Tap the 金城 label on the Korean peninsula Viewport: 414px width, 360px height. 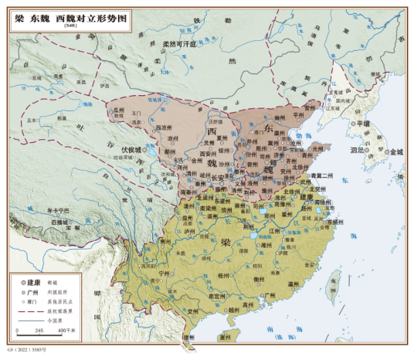click(395, 152)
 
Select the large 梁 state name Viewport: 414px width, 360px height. click(226, 242)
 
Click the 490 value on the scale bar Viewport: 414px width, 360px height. click(58, 331)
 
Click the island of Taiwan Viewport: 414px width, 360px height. click(335, 284)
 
